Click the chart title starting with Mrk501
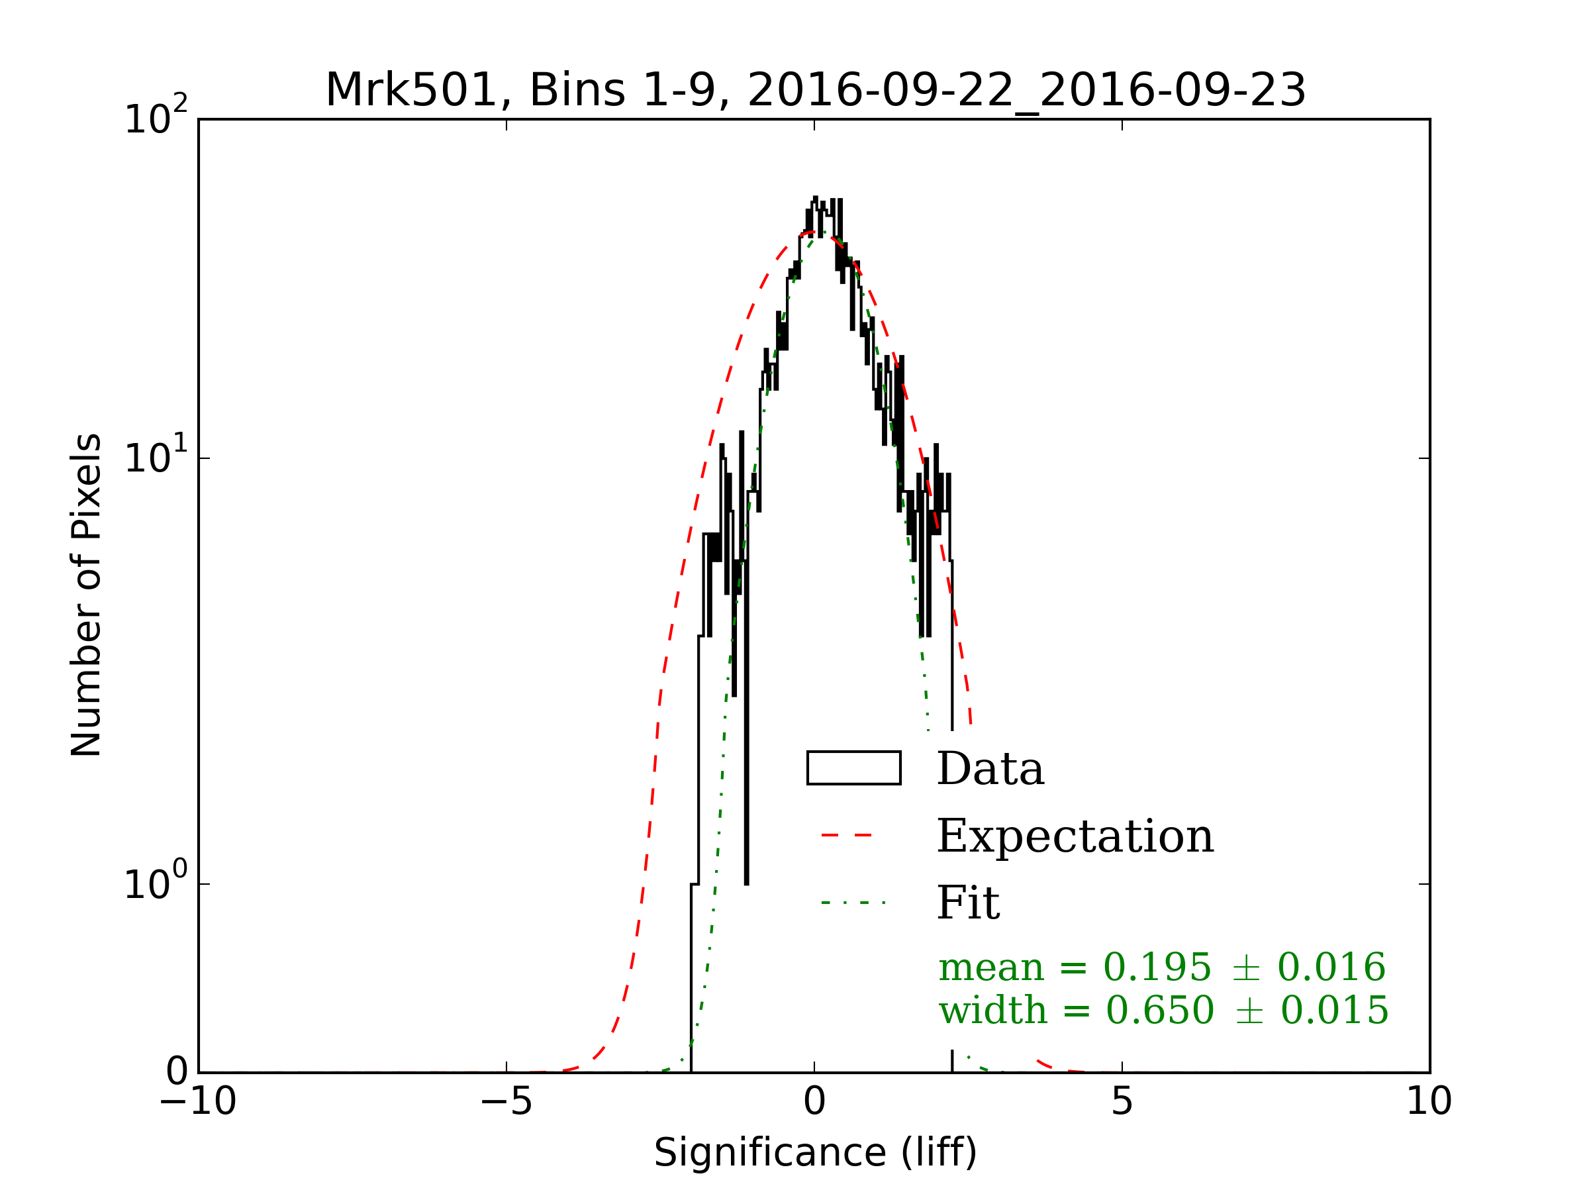(815, 91)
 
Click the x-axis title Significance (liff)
(815, 1153)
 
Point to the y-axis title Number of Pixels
(86, 595)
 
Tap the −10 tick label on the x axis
(197, 1101)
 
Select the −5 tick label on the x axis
(506, 1101)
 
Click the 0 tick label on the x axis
(814, 1101)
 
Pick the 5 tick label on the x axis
(1122, 1101)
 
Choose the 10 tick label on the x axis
(1429, 1101)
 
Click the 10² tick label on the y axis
(155, 117)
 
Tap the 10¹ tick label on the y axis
(155, 456)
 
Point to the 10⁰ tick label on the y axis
(155, 882)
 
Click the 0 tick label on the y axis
(177, 1071)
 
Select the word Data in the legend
(990, 769)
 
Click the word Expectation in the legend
(1075, 836)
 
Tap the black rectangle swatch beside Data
(853, 768)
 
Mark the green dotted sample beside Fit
(853, 903)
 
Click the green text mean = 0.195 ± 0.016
(1161, 967)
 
